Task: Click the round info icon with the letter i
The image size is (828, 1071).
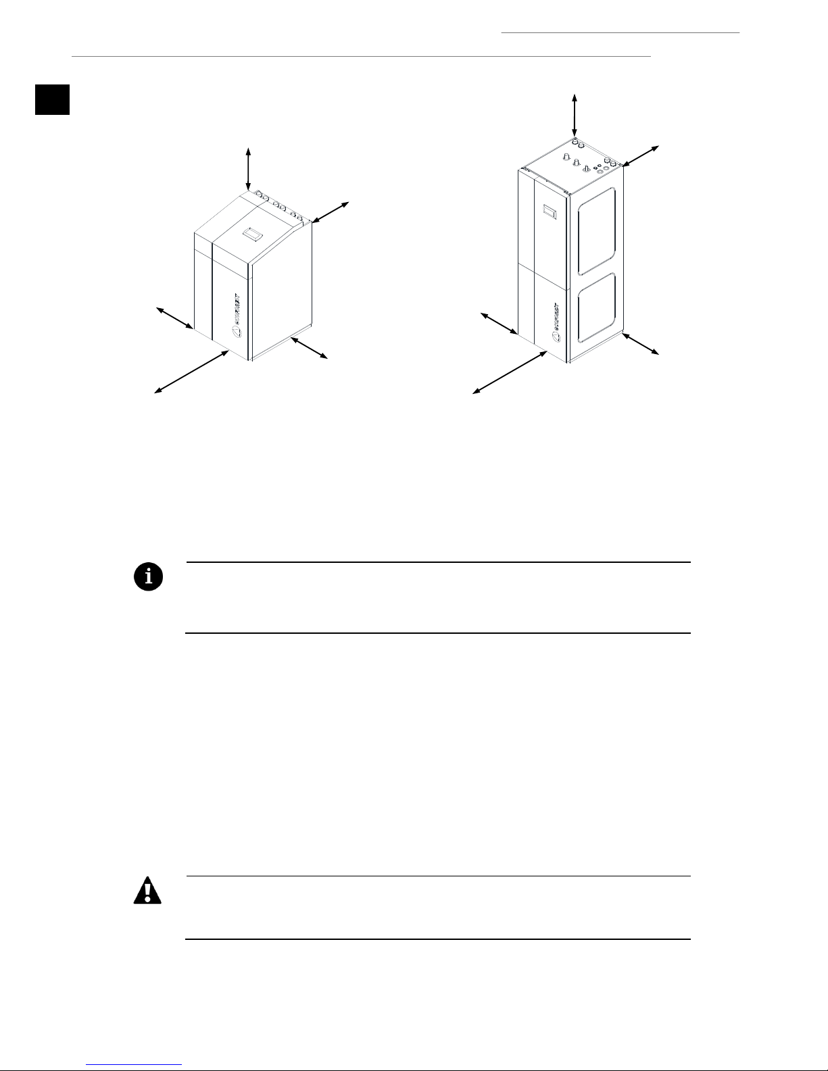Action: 148,576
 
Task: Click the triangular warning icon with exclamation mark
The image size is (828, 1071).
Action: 148,891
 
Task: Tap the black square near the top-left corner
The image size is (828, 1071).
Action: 53,99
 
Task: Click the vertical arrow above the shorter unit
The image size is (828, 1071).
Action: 249,168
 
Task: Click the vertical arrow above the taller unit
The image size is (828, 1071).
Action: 575,116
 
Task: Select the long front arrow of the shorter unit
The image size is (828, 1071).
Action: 192,371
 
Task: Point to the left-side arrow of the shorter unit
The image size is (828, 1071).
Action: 175,318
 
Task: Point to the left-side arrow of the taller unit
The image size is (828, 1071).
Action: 499,324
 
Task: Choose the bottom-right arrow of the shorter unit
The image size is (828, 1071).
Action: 309,347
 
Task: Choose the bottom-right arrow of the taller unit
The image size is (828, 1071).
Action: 639,344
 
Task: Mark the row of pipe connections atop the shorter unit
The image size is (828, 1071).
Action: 283,206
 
